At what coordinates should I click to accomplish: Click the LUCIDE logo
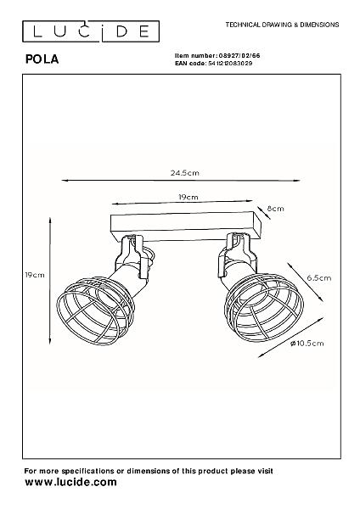tap(91, 31)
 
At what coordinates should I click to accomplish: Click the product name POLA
tap(42, 59)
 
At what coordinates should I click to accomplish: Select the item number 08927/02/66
tap(239, 56)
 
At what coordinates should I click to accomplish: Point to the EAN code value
tap(230, 64)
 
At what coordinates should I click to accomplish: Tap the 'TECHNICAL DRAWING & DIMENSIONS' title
tap(282, 25)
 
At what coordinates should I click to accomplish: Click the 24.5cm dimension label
tap(184, 173)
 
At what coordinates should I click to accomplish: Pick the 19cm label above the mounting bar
tap(188, 197)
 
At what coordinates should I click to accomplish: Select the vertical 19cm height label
tap(35, 275)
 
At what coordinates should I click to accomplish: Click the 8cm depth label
tap(276, 209)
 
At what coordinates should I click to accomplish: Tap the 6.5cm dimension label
tap(319, 278)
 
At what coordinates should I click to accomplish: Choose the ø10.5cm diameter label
tap(307, 343)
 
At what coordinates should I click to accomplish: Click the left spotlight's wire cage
tap(95, 310)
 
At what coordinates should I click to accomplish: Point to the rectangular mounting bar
tap(186, 227)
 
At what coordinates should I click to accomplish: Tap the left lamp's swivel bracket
tap(132, 255)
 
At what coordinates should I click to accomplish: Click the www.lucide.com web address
tap(70, 482)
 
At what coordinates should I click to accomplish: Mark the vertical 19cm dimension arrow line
tap(50, 281)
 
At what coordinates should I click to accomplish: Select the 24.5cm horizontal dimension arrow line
tap(181, 180)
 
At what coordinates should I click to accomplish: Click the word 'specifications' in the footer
tap(87, 471)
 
